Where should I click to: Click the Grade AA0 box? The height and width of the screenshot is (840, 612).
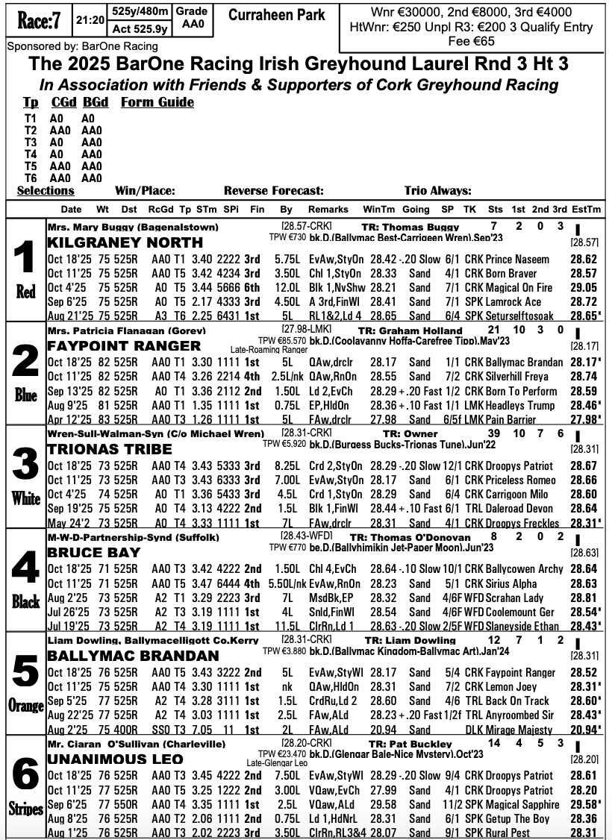193,19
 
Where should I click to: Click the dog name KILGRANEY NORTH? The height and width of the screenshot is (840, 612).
125,242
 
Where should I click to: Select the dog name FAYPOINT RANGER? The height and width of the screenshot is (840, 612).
124,346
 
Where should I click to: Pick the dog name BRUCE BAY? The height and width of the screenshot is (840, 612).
93,553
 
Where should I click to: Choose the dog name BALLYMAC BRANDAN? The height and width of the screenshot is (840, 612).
133,656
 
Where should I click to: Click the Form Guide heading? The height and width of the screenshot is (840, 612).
157,102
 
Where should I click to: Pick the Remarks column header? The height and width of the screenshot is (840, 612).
328,210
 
